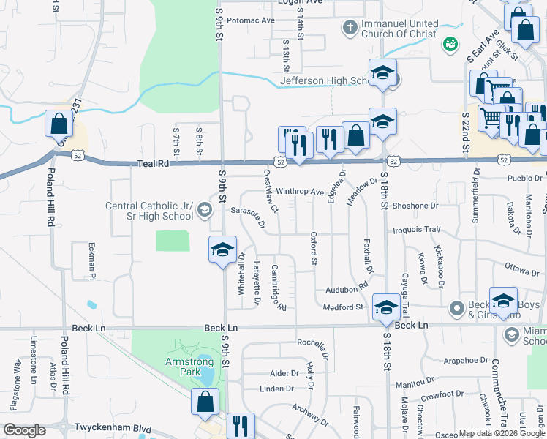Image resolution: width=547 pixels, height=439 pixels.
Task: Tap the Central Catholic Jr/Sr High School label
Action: coord(149,211)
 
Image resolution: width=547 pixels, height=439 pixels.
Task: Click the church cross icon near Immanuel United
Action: coord(350,28)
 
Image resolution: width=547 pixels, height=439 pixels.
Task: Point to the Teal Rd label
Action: coord(152,165)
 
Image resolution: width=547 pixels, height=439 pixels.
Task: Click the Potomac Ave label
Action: coord(251,20)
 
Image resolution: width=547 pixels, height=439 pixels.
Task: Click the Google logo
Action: coord(24,430)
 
